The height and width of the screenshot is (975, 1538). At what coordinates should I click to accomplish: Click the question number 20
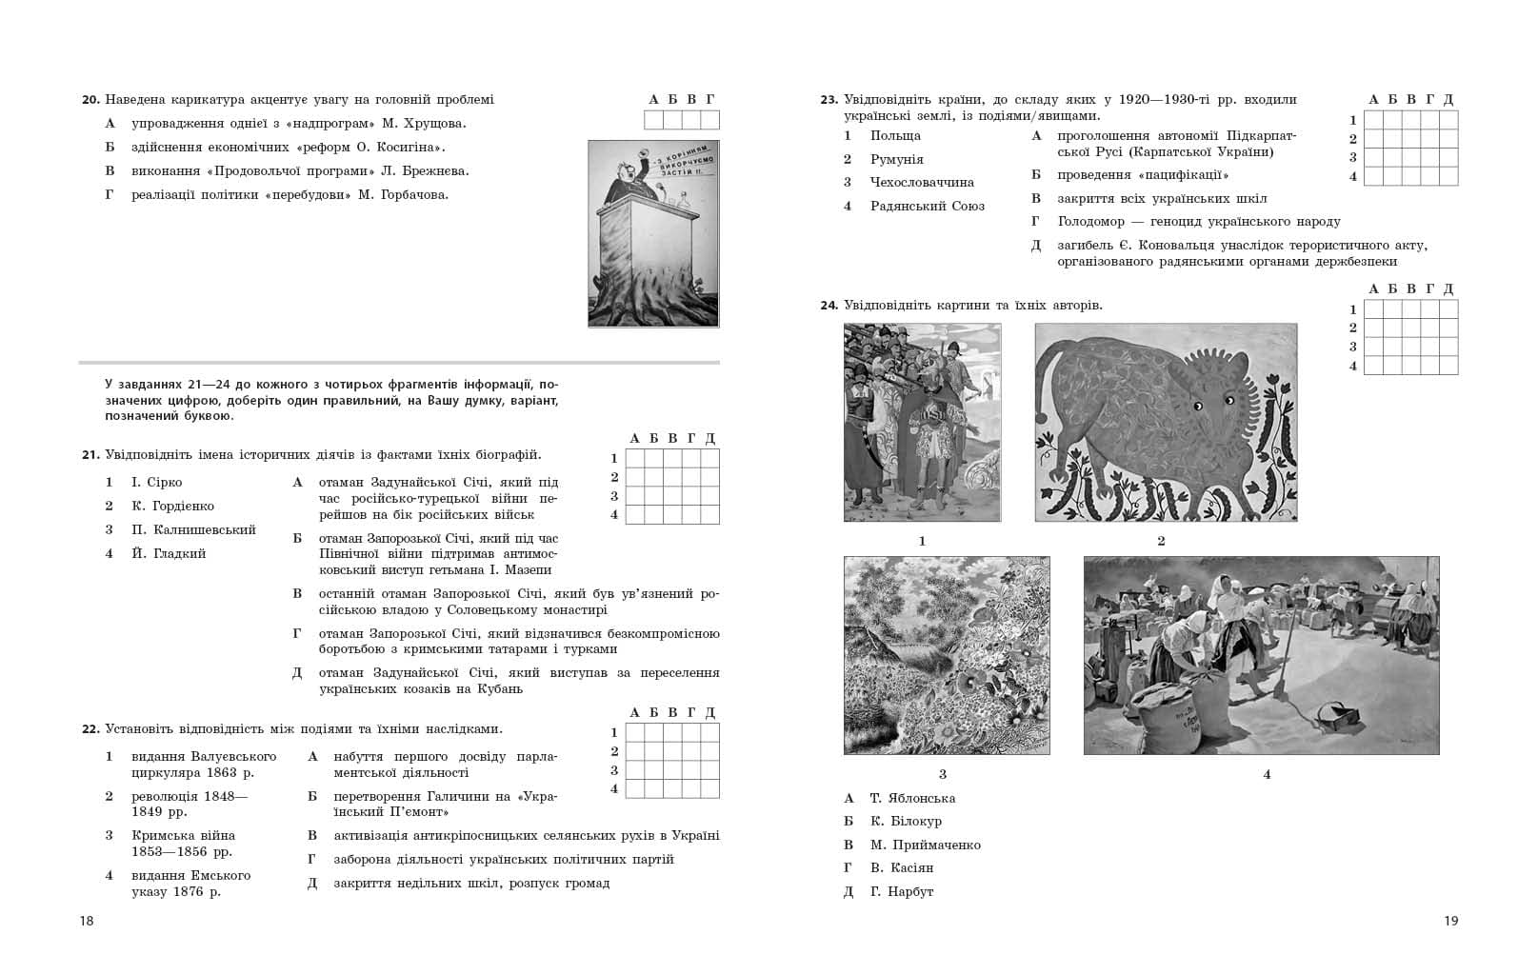90,100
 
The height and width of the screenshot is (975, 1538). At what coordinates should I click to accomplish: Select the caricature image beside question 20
653,233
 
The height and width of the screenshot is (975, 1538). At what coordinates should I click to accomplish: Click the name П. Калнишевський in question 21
193,529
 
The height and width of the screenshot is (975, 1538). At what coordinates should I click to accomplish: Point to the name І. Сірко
156,483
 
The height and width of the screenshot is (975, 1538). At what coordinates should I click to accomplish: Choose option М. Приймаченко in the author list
925,845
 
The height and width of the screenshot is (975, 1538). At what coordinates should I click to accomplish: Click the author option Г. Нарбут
901,891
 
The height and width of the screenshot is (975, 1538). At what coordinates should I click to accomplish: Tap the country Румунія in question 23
896,159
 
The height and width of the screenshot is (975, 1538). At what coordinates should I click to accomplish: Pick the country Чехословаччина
922,182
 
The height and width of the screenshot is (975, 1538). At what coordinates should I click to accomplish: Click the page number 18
87,921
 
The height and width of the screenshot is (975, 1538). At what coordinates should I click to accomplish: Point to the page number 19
1450,921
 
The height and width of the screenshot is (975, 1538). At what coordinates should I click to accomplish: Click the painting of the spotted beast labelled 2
1166,422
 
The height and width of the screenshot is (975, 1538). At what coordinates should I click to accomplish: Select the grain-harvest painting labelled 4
1261,655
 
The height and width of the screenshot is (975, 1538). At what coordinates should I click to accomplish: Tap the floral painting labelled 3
947,655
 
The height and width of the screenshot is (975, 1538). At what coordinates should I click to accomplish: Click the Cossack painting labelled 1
922,422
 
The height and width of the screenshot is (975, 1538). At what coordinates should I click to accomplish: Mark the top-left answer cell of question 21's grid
634,458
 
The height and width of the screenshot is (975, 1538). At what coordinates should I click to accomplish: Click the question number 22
90,729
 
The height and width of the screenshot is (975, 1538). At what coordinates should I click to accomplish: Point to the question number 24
829,306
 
